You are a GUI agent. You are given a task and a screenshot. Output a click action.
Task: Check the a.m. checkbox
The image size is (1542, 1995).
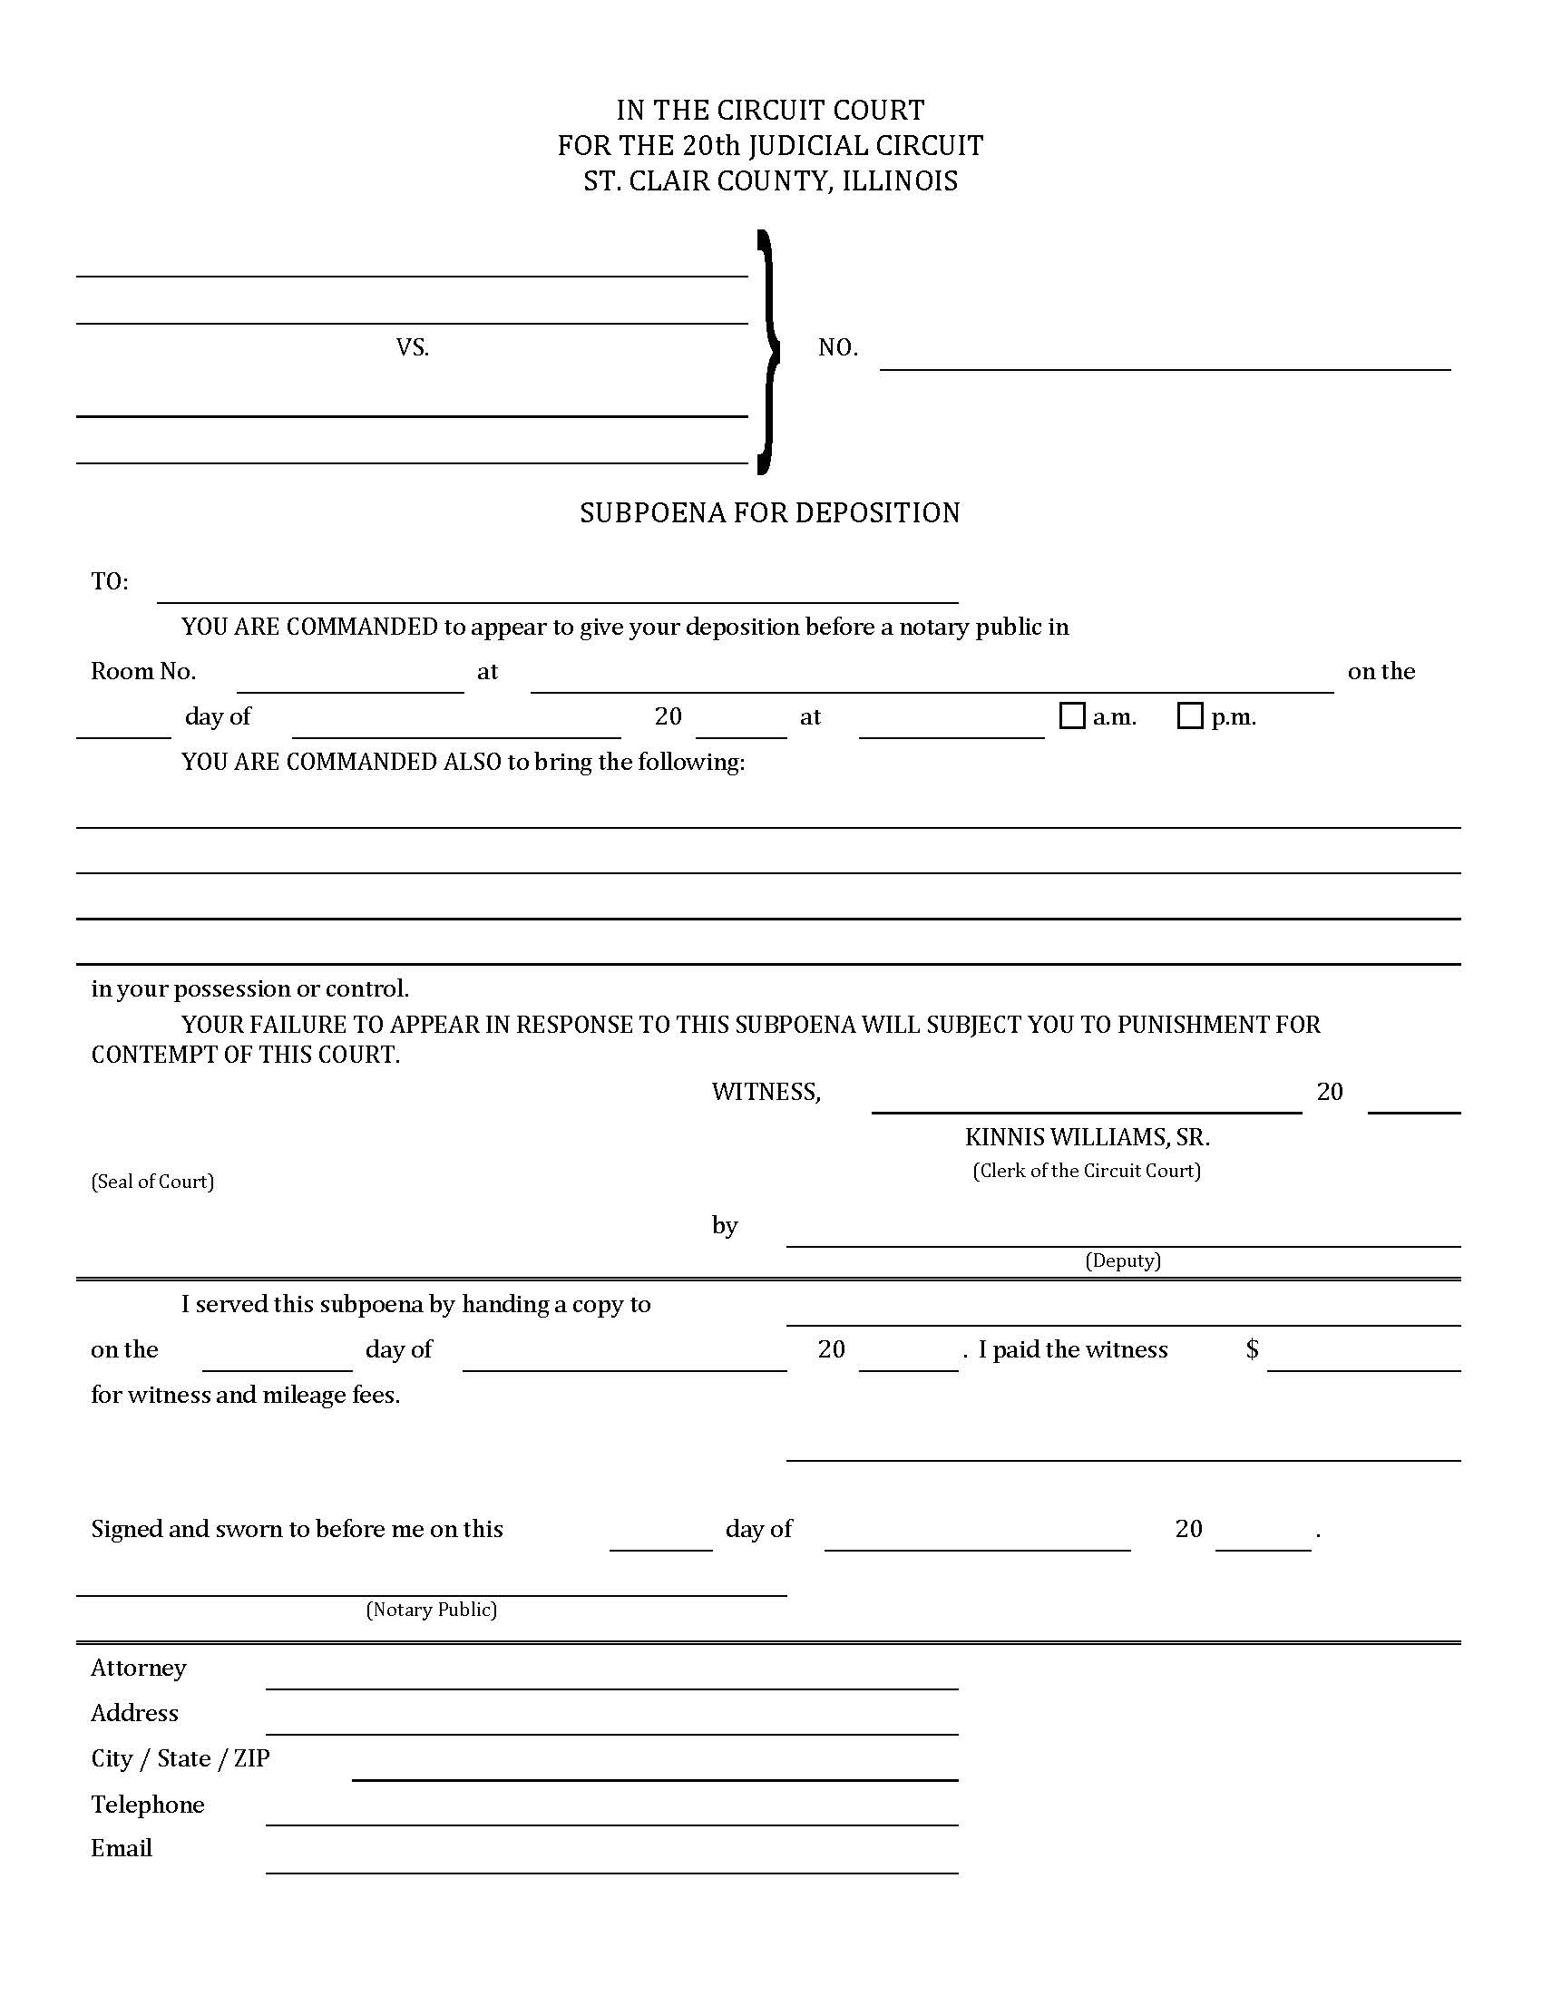point(1071,716)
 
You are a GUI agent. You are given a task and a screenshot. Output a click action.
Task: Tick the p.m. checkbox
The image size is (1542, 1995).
point(1189,716)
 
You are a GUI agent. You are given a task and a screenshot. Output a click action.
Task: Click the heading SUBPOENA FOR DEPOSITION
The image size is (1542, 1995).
point(770,513)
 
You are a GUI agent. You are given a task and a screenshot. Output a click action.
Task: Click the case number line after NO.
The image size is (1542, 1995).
point(1165,360)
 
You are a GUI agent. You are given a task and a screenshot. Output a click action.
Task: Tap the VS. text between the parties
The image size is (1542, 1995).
point(413,347)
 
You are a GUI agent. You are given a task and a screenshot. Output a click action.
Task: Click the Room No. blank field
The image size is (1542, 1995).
point(350,682)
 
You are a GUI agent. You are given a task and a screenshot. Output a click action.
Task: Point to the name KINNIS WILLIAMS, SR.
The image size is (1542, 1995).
point(1087,1137)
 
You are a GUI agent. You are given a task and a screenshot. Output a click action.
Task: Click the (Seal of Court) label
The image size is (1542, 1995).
point(152,1181)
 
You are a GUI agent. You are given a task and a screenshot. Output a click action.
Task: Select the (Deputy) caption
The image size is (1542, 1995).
point(1123,1260)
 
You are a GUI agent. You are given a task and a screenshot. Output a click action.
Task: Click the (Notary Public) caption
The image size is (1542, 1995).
point(431,1610)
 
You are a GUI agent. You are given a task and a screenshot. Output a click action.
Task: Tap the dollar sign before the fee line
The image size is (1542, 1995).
point(1253,1349)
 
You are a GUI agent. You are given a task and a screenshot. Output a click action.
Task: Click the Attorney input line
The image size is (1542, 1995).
point(612,1679)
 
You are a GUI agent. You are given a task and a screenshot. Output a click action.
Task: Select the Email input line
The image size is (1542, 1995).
point(612,1863)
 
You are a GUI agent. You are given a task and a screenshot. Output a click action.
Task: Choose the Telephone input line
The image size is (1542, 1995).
point(612,1815)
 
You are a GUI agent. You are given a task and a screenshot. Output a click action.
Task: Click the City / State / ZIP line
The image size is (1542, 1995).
point(655,1769)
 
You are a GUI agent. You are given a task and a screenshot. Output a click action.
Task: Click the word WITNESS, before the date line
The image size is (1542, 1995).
point(766,1092)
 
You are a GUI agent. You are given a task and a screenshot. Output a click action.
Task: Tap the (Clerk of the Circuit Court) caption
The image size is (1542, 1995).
point(1086,1171)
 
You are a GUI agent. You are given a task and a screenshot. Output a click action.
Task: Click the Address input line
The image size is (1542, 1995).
point(612,1724)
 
